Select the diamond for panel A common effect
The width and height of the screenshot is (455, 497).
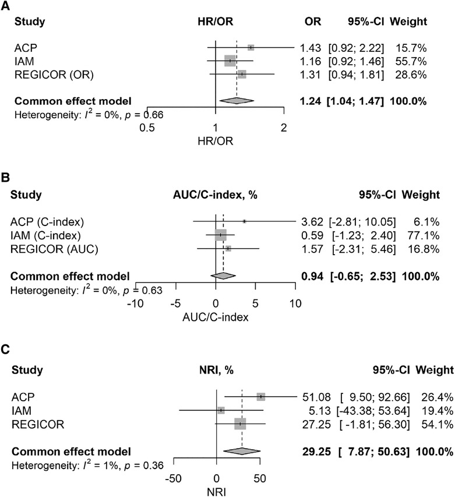tap(236, 100)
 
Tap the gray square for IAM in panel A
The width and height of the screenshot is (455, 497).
tap(230, 61)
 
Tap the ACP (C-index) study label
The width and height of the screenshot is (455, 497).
tap(47, 221)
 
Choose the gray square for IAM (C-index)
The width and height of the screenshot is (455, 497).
tap(220, 235)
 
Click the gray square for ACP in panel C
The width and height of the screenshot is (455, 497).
tap(260, 397)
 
